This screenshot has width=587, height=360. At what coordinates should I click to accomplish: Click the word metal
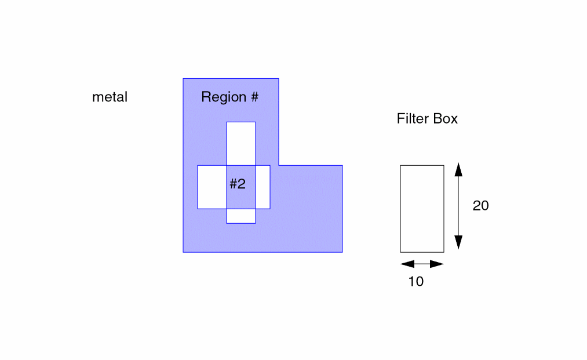point(110,97)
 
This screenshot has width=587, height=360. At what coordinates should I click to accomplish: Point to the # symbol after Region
point(254,97)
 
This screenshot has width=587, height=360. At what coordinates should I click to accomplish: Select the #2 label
point(238,184)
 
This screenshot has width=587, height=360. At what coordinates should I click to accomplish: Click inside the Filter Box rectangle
point(422,209)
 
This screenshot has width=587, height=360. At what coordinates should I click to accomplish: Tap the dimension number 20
point(481,206)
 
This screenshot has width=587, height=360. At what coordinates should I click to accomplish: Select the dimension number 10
point(416,282)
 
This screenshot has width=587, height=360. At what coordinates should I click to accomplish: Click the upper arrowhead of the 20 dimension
point(458,169)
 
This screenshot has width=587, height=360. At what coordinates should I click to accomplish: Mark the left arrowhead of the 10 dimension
point(406,264)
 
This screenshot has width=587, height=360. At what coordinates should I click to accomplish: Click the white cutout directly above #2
point(240,143)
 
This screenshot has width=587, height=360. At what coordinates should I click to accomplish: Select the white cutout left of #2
point(212,187)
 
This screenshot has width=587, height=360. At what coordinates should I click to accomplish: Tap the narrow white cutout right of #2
point(262,187)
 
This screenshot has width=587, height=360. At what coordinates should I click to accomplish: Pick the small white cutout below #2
point(240,216)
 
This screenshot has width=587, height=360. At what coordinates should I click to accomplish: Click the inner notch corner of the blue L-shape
point(279,165)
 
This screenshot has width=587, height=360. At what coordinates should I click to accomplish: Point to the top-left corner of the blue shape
point(183,78)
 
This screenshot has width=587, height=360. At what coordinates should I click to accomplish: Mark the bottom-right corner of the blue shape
point(342,252)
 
